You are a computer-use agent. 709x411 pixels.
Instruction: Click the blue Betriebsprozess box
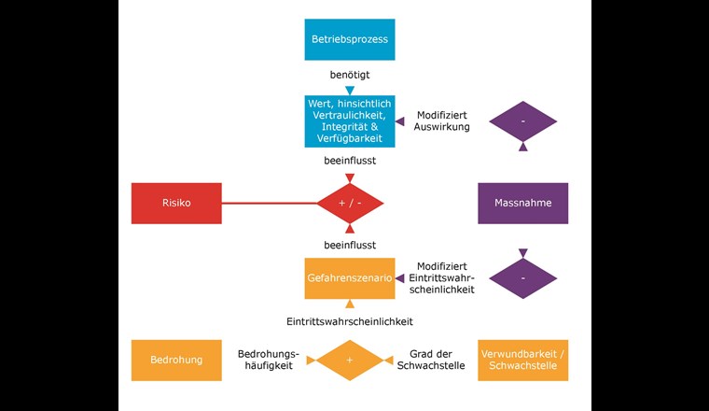[x=350, y=39]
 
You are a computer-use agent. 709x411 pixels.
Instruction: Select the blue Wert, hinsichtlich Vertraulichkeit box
[x=350, y=120]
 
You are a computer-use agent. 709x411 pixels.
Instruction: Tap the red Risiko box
[x=176, y=203]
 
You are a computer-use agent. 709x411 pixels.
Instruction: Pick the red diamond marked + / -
[x=350, y=203]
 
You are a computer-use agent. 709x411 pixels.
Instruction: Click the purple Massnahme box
[x=522, y=203]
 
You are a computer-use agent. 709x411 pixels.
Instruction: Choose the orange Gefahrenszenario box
[x=350, y=277]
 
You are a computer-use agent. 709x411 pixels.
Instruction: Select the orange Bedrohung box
[x=176, y=360]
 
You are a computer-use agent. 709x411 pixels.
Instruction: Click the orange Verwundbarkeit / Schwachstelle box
[x=522, y=360]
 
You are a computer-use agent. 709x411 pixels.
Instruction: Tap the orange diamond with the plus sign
[x=350, y=360]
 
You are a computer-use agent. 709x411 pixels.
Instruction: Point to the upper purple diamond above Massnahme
[x=522, y=121]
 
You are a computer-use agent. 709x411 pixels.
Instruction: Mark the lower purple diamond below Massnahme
[x=522, y=277]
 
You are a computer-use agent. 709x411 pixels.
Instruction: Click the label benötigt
[x=350, y=73]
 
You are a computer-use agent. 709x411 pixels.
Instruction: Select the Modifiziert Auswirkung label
[x=443, y=120]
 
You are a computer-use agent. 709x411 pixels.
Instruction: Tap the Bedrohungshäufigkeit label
[x=269, y=360]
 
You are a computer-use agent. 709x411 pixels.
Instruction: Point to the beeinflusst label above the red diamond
[x=350, y=160]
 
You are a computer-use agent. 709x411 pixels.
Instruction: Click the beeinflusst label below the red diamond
[x=350, y=245]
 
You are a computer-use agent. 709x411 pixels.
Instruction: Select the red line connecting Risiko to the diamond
[x=271, y=203]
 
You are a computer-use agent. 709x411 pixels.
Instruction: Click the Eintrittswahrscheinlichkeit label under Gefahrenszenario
[x=350, y=321]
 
